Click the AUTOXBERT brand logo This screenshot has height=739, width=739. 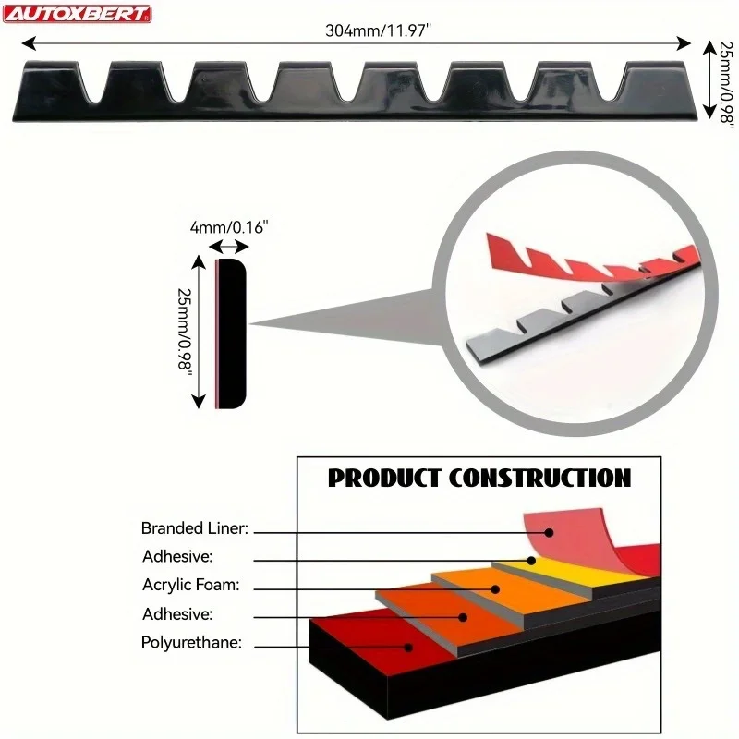[x=78, y=14]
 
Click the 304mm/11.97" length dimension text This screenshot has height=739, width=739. [x=379, y=30]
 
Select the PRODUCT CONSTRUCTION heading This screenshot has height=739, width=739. [x=479, y=478]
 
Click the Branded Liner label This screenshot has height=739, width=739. [x=196, y=529]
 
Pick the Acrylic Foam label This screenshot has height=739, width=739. [x=190, y=585]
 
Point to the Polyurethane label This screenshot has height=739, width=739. [x=191, y=643]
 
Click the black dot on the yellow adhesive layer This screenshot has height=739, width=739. [x=532, y=560]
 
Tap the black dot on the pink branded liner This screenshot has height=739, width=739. [x=549, y=533]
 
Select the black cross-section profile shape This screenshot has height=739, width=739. [x=232, y=333]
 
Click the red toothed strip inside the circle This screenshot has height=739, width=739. [x=591, y=263]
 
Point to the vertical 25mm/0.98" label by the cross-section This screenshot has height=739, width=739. [x=184, y=332]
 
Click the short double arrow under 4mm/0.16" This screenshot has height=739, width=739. [x=229, y=247]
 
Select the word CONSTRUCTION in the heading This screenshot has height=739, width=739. [x=539, y=478]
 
